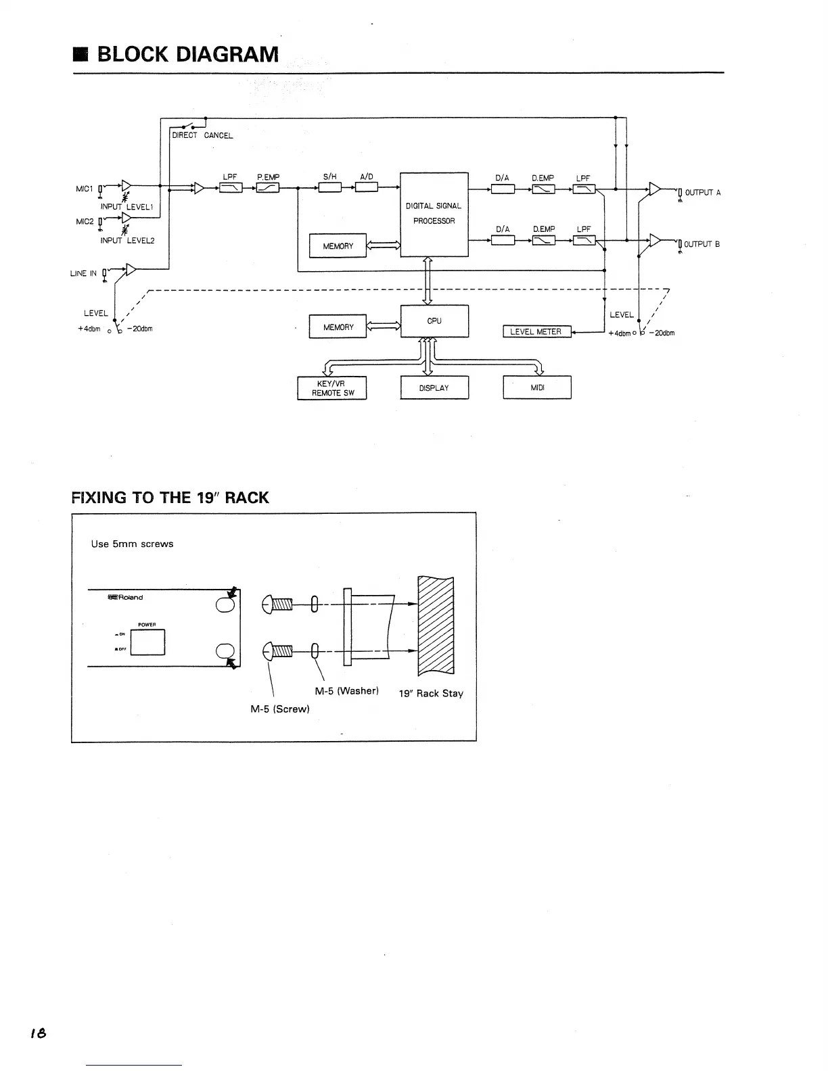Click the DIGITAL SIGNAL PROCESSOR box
tap(434, 214)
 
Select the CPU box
tap(434, 321)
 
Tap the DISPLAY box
tap(434, 387)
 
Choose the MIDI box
tap(537, 387)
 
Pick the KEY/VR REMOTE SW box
tap(332, 388)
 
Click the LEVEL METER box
tap(536, 332)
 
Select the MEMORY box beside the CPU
tap(338, 327)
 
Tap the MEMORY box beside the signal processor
tap(338, 245)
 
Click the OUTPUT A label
tap(703, 193)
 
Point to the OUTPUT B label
tap(701, 244)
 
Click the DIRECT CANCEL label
tap(202, 135)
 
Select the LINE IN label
tap(83, 274)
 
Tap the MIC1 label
tap(85, 189)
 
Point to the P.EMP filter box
tap(268, 188)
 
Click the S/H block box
tap(330, 187)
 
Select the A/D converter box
tap(367, 187)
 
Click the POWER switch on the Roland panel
tap(147, 642)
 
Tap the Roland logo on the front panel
tap(125, 597)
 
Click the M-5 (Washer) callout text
tap(346, 691)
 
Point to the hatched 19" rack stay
tap(436, 625)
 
